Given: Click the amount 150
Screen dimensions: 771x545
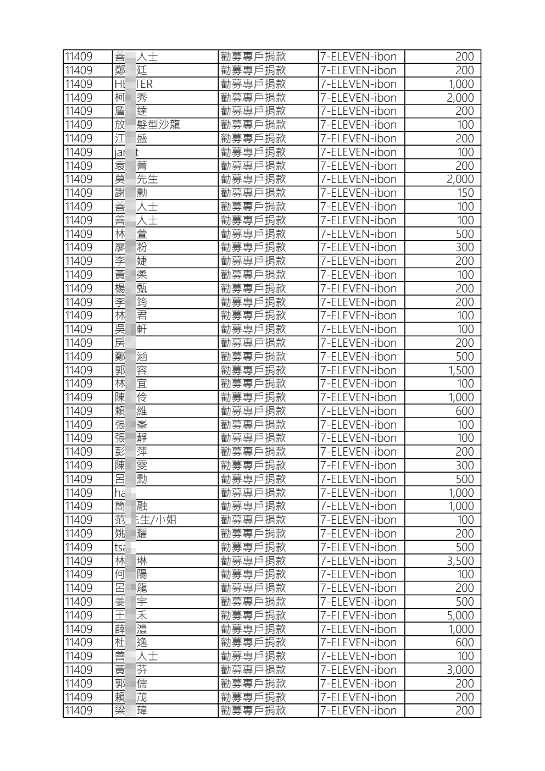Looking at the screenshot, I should [465, 193].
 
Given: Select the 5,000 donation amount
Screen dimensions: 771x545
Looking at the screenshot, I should [460, 615].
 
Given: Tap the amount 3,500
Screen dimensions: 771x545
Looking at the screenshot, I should [460, 561].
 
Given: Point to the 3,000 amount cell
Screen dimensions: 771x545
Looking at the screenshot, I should [460, 670].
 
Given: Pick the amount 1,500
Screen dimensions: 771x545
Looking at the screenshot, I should [460, 370].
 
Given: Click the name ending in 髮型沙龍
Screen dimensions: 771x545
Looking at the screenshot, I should [147, 125].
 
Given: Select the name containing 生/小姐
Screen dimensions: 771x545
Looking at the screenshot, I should [146, 520].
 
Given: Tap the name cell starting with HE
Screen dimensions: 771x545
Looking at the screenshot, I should [134, 84].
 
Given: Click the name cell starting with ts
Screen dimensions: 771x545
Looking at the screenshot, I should [120, 547].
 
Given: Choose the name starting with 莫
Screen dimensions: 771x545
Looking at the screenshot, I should [136, 179].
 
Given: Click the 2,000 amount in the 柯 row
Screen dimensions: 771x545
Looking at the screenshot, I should [460, 98].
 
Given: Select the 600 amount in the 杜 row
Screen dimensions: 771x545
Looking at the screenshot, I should [464, 642].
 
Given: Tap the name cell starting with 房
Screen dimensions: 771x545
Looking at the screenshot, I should [120, 343].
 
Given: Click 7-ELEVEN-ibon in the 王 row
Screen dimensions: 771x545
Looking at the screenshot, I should [358, 615].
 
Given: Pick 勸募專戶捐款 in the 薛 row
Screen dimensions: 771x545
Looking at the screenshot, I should [253, 629].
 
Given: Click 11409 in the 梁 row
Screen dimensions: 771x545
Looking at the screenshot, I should [79, 711].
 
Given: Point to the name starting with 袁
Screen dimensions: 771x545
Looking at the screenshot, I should [131, 166].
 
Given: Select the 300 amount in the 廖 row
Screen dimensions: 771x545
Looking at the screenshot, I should [464, 247].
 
